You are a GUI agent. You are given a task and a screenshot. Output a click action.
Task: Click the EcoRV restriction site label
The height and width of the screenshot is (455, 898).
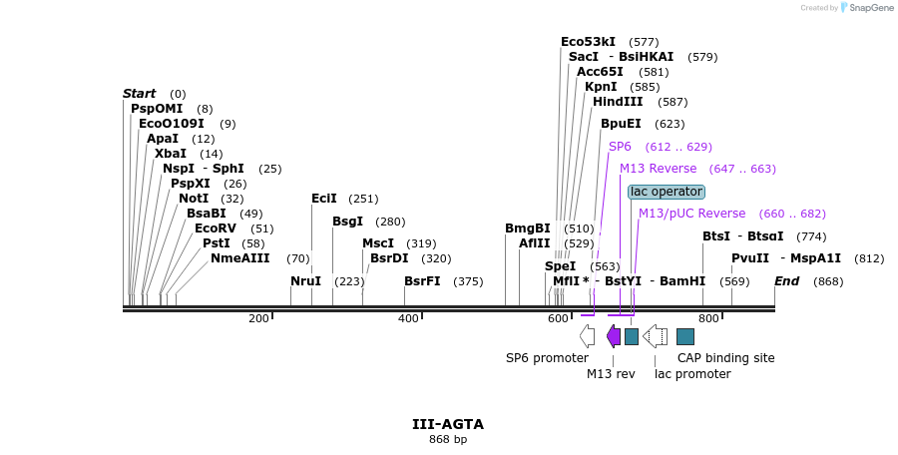tap(215, 228)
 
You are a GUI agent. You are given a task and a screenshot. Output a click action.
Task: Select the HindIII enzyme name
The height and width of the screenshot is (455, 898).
tap(618, 102)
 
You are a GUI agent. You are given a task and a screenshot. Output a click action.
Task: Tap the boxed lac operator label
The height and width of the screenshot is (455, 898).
tap(667, 192)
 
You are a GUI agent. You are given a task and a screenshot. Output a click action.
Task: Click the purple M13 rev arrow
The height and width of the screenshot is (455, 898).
tap(614, 336)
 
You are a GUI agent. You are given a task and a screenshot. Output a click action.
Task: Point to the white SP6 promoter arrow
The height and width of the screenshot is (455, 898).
tap(587, 336)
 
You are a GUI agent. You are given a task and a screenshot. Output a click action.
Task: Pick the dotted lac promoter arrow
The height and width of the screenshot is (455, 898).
tap(656, 336)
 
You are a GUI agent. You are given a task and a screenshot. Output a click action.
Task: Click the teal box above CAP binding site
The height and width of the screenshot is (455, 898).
tap(685, 336)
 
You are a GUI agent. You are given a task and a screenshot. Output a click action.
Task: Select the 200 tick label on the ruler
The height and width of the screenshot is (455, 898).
tap(258, 318)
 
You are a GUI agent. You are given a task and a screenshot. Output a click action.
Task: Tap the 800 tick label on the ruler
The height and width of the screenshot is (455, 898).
tap(708, 318)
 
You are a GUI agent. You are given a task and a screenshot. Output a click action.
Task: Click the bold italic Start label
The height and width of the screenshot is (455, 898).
tap(139, 94)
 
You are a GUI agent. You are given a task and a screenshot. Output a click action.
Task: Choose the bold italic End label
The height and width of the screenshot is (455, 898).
tap(786, 281)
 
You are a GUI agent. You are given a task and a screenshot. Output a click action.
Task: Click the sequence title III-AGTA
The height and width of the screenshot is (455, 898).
tap(448, 424)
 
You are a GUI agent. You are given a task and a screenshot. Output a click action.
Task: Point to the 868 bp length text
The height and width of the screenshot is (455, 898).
tap(448, 440)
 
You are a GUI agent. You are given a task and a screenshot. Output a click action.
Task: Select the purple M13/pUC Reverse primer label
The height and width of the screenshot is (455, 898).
tap(691, 214)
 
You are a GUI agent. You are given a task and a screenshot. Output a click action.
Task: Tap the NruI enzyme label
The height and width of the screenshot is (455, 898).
tap(305, 281)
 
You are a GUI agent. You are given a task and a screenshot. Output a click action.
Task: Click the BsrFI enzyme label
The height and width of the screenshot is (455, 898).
tap(422, 281)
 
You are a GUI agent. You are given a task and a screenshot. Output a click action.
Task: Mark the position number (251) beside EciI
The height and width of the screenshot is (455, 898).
tap(363, 199)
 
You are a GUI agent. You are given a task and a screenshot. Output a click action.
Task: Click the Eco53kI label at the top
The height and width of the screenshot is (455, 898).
tap(588, 42)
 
